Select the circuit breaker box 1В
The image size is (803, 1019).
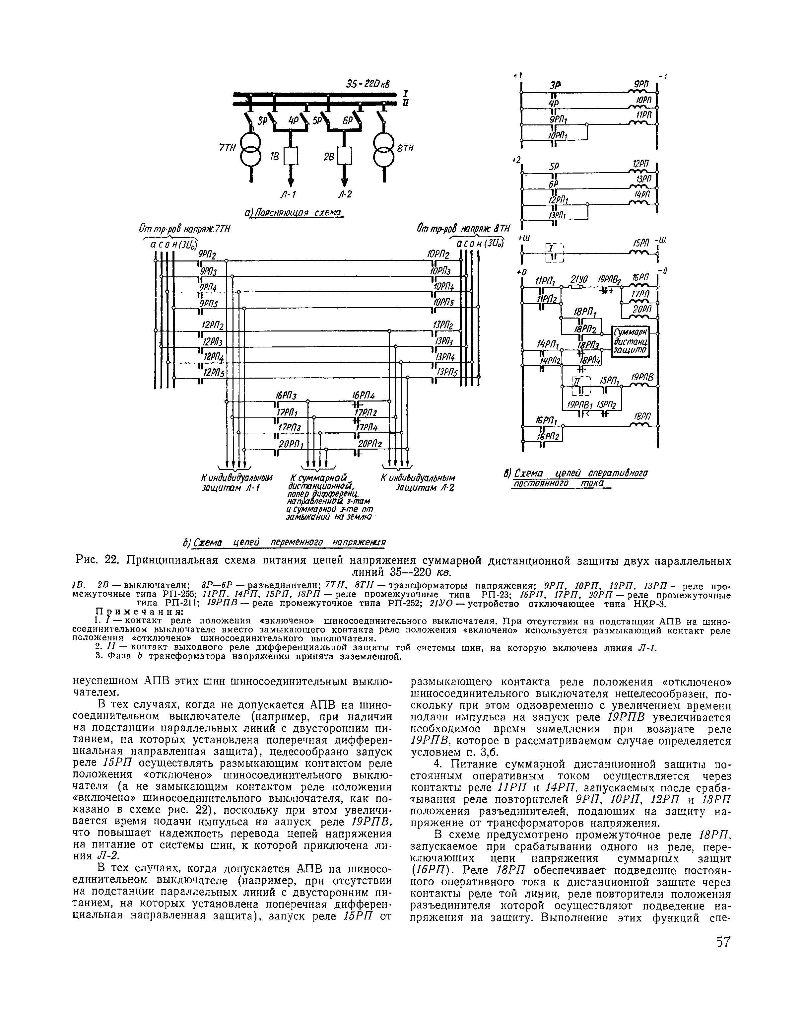292,156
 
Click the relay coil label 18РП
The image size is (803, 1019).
641,417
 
